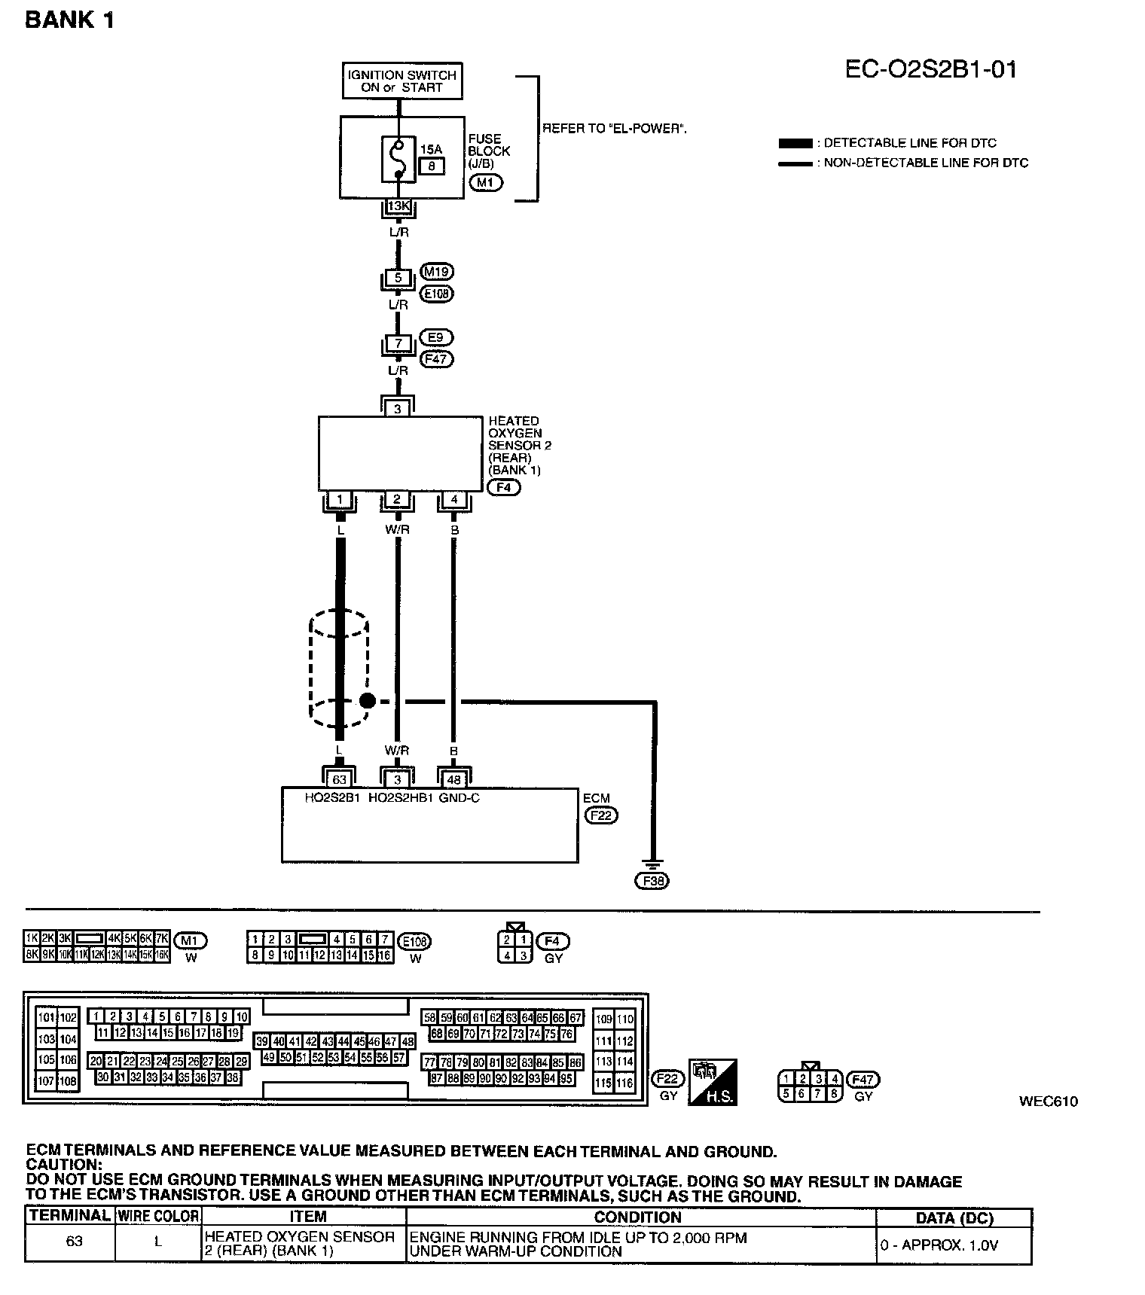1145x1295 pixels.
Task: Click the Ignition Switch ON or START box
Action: point(402,81)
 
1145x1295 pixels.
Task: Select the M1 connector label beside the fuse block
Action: point(485,182)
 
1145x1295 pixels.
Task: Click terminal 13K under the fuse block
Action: point(398,206)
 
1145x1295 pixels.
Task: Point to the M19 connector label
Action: point(438,272)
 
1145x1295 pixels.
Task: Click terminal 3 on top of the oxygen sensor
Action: point(398,409)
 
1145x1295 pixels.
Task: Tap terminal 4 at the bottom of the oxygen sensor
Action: point(453,499)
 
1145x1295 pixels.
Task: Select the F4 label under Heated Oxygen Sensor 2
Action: point(504,487)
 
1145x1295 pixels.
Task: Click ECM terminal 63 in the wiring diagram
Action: point(339,780)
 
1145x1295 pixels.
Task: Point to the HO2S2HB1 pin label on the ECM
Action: point(401,798)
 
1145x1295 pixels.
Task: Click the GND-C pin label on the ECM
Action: point(460,798)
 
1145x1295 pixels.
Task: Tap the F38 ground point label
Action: point(652,881)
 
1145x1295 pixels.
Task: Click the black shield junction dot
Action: point(367,701)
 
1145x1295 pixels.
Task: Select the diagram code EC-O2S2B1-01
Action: point(930,69)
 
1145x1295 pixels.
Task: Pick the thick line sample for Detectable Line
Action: point(795,143)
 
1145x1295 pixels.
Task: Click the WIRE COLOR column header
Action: point(158,1216)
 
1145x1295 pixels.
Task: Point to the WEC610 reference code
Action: point(1049,1102)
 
